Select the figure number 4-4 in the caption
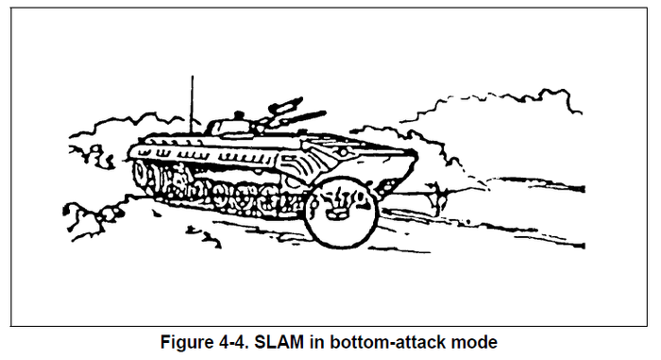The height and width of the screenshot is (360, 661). [x=238, y=341]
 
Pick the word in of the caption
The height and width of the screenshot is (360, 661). [x=314, y=341]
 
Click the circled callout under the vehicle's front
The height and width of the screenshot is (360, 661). [x=343, y=210]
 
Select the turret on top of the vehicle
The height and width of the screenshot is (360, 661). [x=231, y=125]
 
